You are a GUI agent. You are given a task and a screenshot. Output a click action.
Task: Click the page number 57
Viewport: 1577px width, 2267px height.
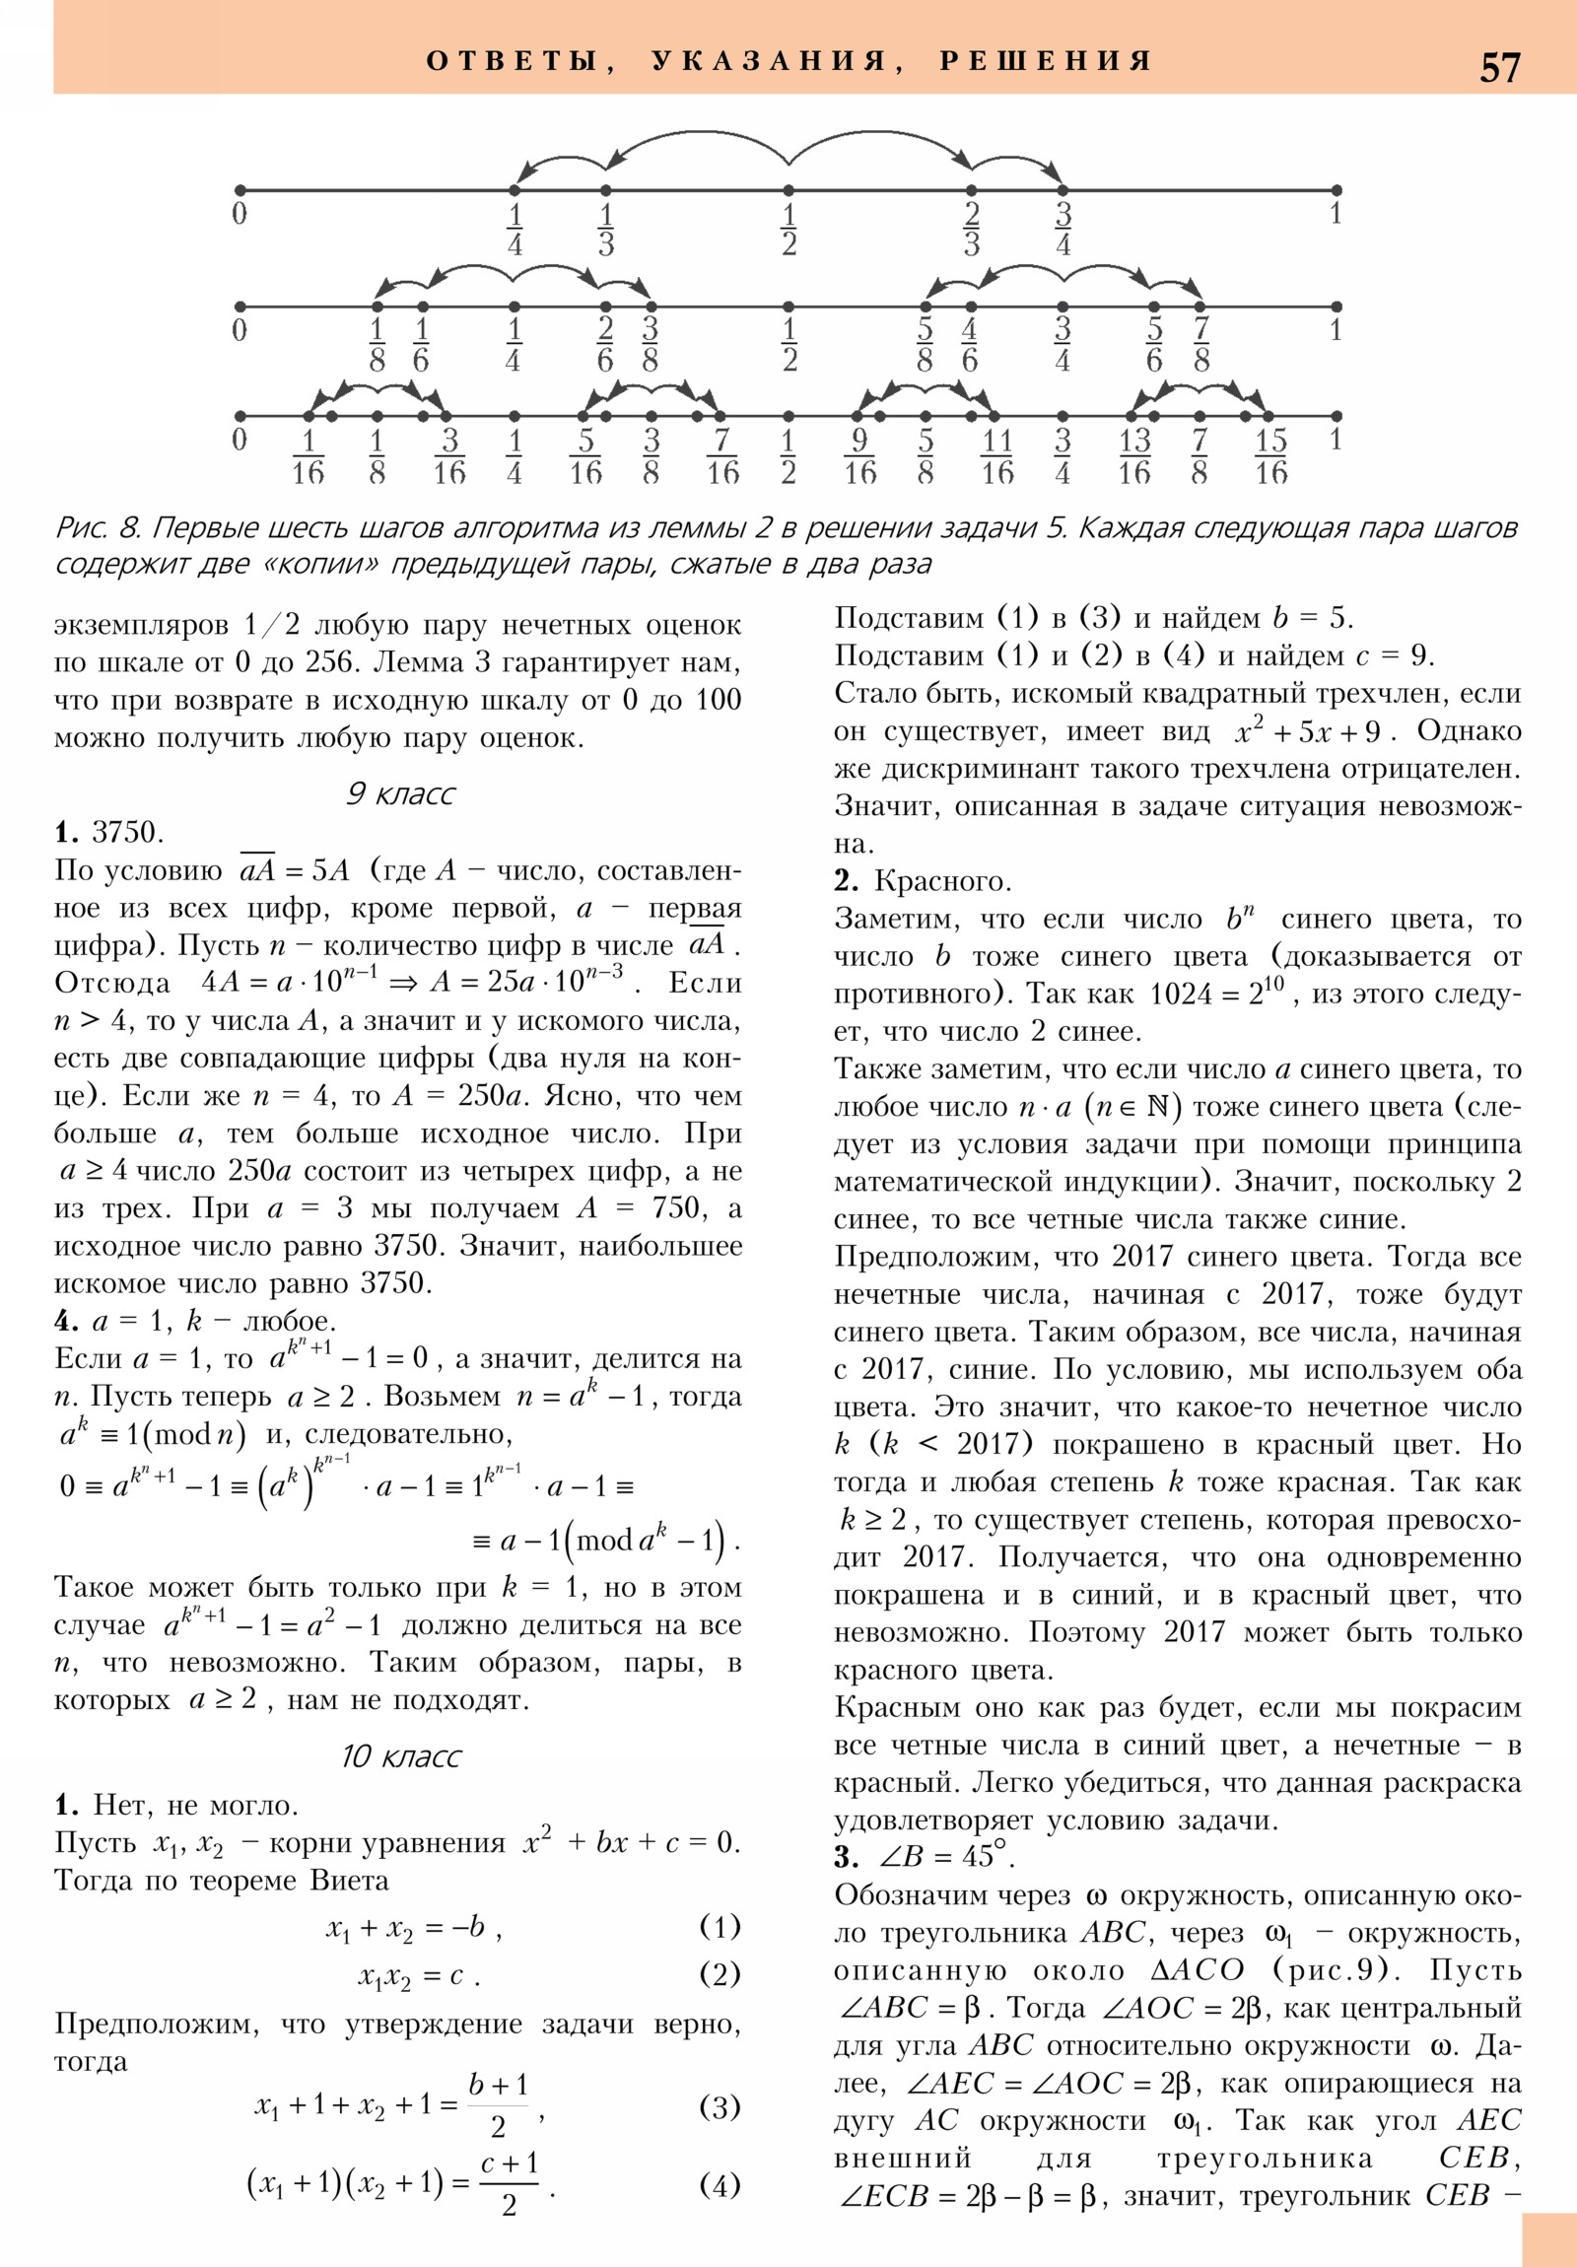(x=1499, y=67)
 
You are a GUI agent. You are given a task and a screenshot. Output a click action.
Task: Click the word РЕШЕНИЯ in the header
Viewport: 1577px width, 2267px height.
(x=1046, y=61)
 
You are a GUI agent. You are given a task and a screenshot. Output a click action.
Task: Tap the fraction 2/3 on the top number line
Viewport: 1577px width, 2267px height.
(x=971, y=229)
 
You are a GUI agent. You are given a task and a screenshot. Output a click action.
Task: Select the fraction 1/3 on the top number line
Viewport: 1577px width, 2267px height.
(x=605, y=229)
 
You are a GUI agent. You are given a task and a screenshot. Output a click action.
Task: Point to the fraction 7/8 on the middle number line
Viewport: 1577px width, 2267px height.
(x=1200, y=345)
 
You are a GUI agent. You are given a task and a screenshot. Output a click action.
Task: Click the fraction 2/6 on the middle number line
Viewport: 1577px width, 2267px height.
(x=605, y=345)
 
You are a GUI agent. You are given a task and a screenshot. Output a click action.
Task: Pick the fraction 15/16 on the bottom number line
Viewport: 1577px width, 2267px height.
(x=1270, y=456)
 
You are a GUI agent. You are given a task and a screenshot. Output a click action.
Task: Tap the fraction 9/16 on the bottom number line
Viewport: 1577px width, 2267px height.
(x=859, y=456)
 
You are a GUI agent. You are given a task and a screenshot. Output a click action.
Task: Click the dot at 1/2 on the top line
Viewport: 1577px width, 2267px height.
(x=788, y=189)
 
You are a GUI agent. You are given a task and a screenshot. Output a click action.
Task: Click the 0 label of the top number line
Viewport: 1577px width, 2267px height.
(x=239, y=213)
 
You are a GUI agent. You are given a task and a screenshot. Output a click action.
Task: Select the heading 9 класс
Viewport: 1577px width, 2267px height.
(x=400, y=793)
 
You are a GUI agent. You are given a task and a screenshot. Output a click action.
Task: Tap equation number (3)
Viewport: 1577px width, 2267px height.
(x=719, y=2107)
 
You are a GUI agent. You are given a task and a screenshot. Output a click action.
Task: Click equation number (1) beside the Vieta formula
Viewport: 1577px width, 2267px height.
(x=719, y=1926)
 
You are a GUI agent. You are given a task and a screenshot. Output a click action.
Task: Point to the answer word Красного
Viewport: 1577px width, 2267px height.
(x=943, y=882)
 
